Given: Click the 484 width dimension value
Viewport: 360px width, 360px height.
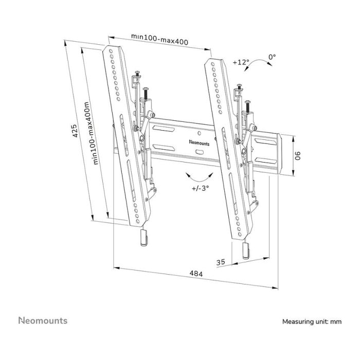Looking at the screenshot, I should click(195, 275).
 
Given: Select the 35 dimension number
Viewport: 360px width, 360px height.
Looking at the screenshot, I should click(222, 262).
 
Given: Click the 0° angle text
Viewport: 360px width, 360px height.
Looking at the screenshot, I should click(272, 57).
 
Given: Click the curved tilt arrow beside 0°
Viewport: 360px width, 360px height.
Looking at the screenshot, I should click(265, 66).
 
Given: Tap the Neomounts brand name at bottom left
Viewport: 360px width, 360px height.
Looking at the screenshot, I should click(43, 321).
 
